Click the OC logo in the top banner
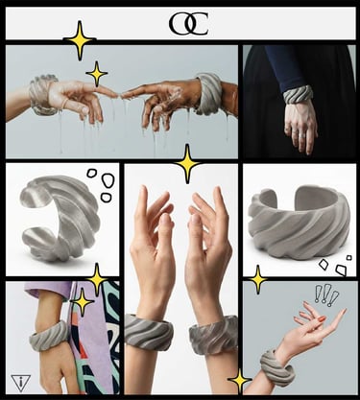188,24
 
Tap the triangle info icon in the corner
21,382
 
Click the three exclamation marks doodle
325,294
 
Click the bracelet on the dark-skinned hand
207,94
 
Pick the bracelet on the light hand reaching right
42,95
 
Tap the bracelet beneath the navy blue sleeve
298,94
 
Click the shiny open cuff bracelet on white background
60,219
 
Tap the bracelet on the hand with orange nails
276,367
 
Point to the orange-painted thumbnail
323,318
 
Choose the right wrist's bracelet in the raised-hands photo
213,334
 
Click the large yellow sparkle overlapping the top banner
80,40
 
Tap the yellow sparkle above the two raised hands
187,163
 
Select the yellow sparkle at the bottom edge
239,381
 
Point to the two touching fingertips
121,95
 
